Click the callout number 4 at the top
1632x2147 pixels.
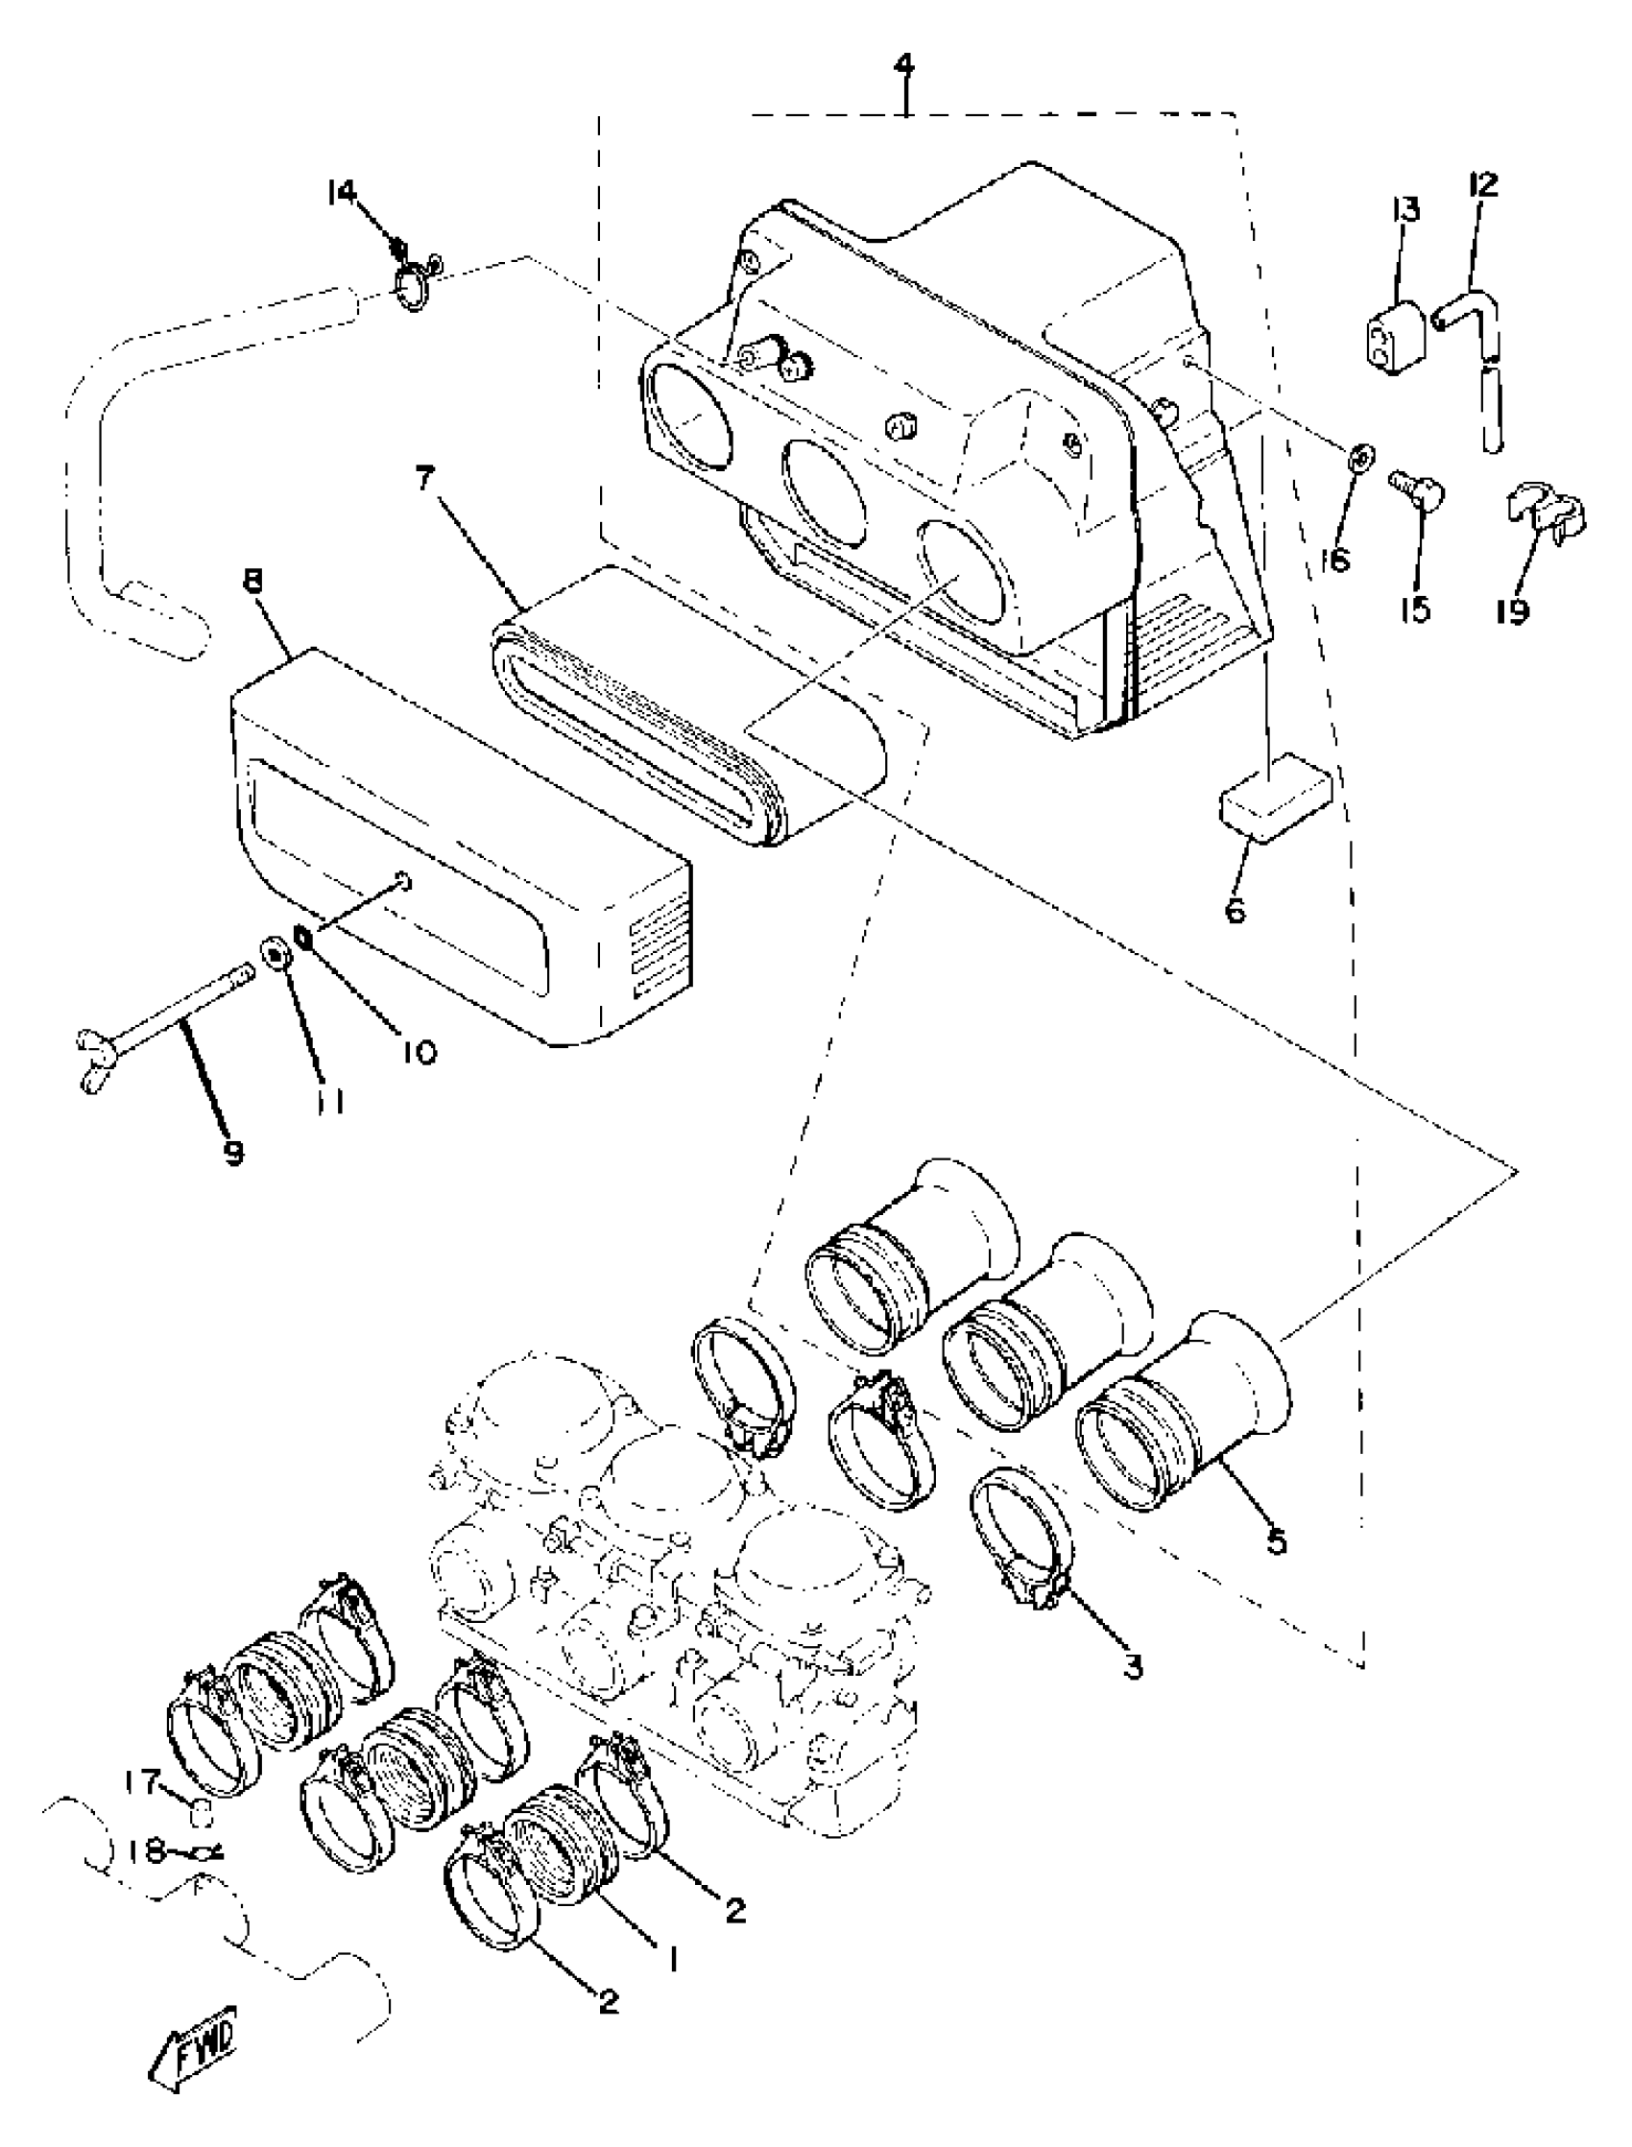(x=904, y=67)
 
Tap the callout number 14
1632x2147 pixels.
(x=342, y=192)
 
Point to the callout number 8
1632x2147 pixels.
(x=252, y=584)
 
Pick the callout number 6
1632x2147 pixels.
(x=1236, y=911)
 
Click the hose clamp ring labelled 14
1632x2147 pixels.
(x=416, y=285)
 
